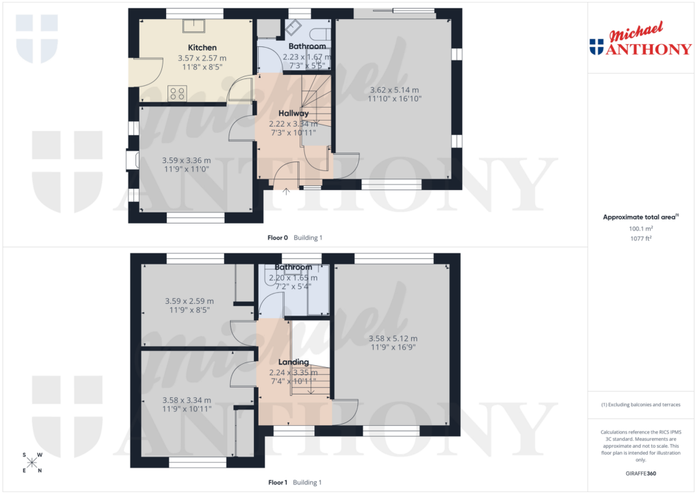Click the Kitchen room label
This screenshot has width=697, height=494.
tap(202, 48)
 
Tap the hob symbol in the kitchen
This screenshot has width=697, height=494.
tap(178, 93)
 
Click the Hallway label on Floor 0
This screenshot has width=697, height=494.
tap(293, 113)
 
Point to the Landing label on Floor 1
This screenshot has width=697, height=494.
tap(293, 362)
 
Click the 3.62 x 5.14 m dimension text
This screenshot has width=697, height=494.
tap(394, 90)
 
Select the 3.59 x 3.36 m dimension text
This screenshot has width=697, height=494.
tap(187, 160)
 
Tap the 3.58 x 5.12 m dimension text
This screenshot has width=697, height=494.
tap(393, 338)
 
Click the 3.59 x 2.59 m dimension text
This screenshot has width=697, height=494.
tap(189, 300)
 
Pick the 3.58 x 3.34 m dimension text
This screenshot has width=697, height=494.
tap(187, 400)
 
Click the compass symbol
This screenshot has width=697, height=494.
tap(32, 463)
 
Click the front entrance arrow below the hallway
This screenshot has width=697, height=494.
tap(287, 191)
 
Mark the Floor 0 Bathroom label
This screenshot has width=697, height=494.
tap(307, 46)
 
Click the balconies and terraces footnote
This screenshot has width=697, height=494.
tap(640, 405)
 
